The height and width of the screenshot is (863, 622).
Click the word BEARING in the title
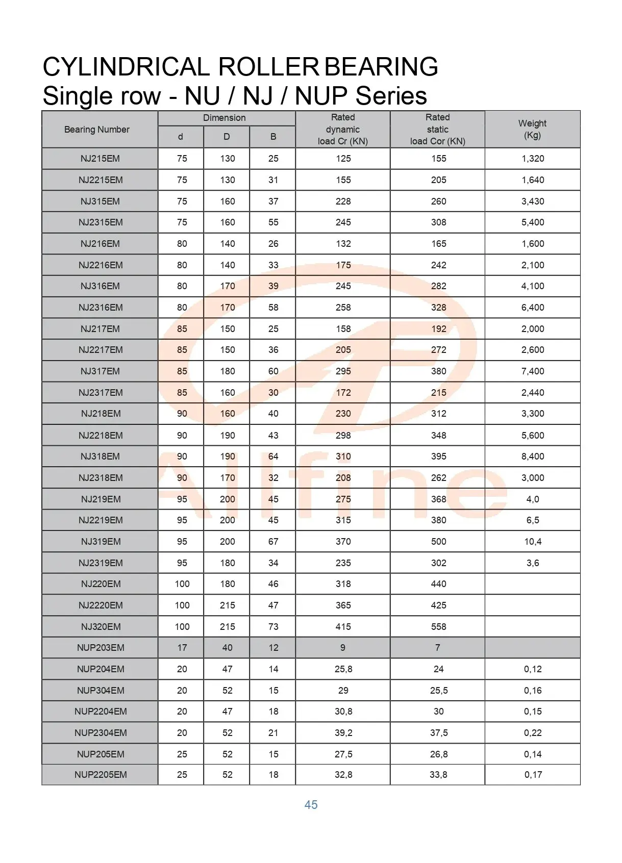point(381,67)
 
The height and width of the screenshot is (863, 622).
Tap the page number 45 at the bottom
point(311,805)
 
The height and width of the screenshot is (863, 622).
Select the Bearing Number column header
point(97,130)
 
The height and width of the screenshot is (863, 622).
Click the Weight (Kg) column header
point(532,130)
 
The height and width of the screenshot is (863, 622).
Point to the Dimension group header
point(225,118)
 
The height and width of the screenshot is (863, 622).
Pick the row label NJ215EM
point(100,159)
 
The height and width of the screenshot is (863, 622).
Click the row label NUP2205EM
point(101,775)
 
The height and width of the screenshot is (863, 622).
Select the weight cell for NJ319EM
point(533,542)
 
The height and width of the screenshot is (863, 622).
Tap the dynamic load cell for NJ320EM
point(343,627)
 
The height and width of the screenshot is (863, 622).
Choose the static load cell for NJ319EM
point(438,542)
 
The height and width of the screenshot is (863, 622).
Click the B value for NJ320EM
point(273,627)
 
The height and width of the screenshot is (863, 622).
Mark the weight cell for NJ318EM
point(533,456)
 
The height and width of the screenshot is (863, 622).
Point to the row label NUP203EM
point(101,648)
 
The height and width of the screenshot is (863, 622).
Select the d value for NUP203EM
point(182,648)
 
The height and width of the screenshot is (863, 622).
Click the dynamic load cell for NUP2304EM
point(343,733)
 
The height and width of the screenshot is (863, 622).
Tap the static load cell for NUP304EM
point(438,691)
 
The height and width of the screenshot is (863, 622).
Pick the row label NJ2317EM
point(101,393)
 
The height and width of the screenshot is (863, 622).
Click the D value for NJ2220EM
point(227,605)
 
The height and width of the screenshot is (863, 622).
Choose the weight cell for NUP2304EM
point(533,733)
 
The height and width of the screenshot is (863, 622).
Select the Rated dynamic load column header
point(343,130)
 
